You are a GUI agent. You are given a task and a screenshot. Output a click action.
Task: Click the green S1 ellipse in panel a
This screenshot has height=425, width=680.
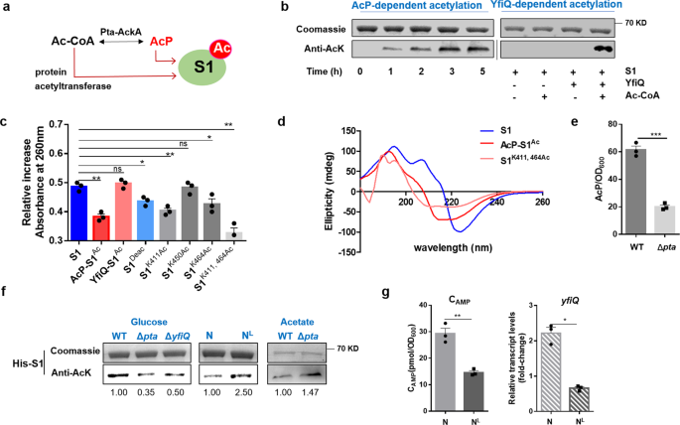point(203,68)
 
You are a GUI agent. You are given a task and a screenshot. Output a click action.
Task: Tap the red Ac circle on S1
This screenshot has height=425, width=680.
point(220,48)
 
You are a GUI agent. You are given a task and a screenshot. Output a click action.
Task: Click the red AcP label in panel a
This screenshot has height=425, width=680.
point(162,42)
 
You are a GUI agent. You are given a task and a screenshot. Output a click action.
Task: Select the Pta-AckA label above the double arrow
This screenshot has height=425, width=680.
point(121,32)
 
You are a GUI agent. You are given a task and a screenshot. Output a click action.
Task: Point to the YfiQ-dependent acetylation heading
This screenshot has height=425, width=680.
point(556,5)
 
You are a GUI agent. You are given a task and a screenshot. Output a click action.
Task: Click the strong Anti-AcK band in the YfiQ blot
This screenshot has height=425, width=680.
point(601,49)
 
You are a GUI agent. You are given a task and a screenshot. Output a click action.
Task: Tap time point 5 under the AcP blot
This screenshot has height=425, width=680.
point(482,71)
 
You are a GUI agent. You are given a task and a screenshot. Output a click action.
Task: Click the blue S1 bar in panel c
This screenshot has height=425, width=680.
point(79,212)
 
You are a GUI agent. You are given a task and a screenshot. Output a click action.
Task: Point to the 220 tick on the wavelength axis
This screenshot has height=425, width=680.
point(452,203)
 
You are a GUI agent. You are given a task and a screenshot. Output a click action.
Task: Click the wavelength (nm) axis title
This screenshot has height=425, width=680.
point(453,247)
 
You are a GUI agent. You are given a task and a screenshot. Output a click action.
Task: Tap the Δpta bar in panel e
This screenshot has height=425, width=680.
point(665,219)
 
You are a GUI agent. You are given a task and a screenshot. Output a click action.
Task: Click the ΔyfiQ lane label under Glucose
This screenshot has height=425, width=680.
point(178,336)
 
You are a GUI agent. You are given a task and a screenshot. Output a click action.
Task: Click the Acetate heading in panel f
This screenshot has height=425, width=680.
point(297,322)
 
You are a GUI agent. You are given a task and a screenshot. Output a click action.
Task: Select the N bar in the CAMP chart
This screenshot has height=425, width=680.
point(445,370)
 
